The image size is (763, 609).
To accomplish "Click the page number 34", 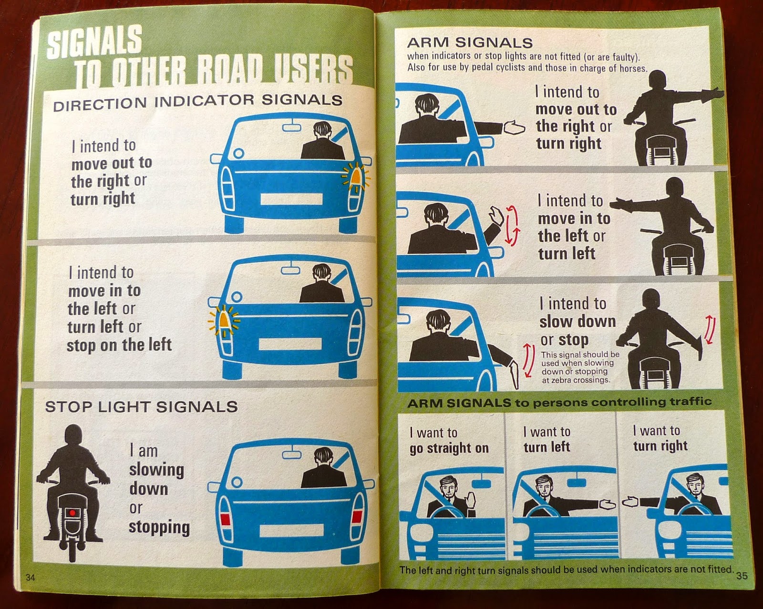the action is click(31, 578).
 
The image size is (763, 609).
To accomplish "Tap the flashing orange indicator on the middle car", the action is click(224, 320).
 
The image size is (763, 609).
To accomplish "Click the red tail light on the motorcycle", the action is click(72, 513).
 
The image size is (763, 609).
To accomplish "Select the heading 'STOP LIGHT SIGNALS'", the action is click(142, 407).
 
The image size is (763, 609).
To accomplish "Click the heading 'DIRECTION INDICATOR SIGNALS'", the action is click(198, 102).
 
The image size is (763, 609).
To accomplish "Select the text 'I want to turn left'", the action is click(546, 439).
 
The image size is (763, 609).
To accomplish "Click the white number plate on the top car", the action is click(291, 199).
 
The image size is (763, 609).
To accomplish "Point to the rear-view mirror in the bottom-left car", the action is click(291, 454).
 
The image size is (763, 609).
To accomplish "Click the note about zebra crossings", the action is click(580, 367).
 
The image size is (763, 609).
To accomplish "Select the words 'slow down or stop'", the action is click(577, 330).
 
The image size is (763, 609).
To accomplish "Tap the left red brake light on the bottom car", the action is click(226, 519).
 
